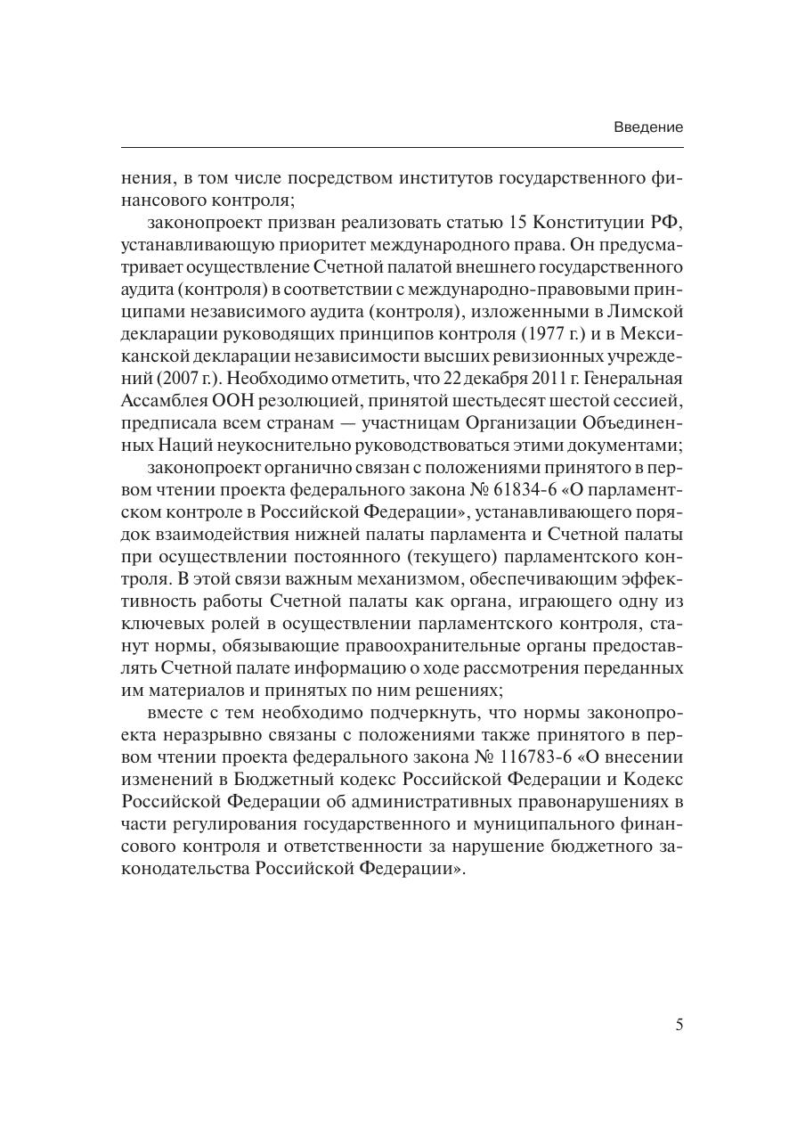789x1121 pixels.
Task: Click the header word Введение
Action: coord(648,127)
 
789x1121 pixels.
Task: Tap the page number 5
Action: coord(679,1025)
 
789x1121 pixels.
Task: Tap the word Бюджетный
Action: coord(343,779)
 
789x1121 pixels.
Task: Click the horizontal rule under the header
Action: coord(402,147)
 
